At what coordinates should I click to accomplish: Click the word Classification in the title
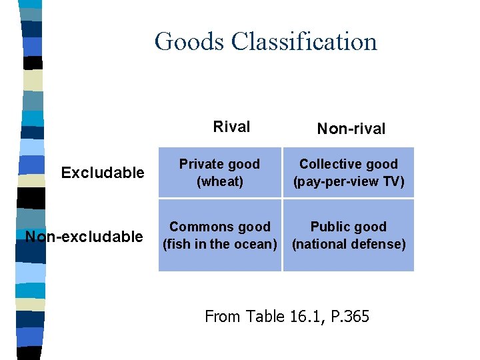(x=304, y=41)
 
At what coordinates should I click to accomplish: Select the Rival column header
(x=231, y=127)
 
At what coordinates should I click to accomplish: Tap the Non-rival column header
(x=351, y=129)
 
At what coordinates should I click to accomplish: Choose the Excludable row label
(x=103, y=173)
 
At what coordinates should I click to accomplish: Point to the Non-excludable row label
(x=84, y=237)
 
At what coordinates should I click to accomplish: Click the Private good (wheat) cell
(x=220, y=172)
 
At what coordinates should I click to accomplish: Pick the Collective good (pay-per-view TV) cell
(x=349, y=172)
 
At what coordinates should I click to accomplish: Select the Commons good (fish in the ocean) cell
(x=220, y=235)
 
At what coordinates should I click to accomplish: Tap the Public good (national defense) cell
(x=349, y=235)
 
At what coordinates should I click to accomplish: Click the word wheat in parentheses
(x=220, y=181)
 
